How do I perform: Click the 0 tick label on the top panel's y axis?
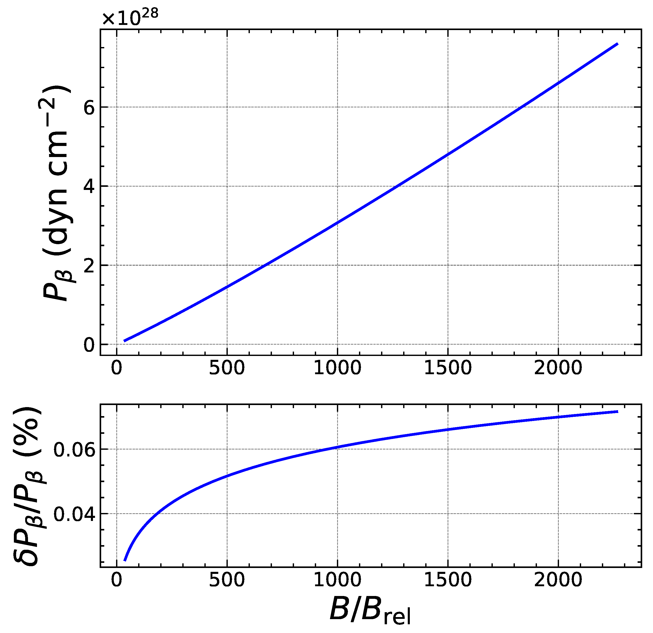point(89,345)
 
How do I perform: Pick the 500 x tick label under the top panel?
point(227,368)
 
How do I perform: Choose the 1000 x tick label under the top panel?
point(337,368)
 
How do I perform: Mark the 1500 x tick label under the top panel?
point(448,368)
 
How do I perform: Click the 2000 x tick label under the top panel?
point(558,368)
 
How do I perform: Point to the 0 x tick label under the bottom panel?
point(117,580)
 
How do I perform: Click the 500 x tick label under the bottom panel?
point(227,580)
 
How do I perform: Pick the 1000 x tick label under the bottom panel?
point(337,580)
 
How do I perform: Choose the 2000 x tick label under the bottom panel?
point(558,580)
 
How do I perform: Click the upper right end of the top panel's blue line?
point(617,44)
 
